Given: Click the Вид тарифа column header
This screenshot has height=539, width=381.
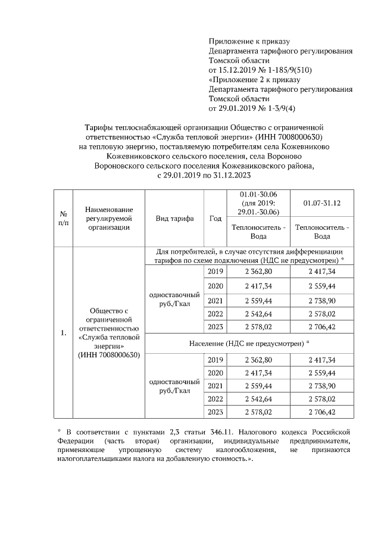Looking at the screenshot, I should (174, 219).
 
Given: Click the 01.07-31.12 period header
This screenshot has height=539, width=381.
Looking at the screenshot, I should (321, 203).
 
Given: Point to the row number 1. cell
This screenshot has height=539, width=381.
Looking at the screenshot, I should (63, 332).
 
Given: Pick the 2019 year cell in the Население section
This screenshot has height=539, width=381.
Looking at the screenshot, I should (215, 360).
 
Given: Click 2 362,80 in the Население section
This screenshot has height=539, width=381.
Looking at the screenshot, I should (258, 360).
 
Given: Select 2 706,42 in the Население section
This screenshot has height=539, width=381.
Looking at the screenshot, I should (321, 412).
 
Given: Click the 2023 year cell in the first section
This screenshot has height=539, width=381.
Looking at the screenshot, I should (215, 326).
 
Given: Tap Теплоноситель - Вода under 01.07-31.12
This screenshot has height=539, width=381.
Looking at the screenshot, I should (321, 232).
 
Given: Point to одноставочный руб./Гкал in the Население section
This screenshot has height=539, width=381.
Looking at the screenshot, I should (174, 386).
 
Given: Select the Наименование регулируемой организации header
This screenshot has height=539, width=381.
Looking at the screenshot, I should (108, 219).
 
